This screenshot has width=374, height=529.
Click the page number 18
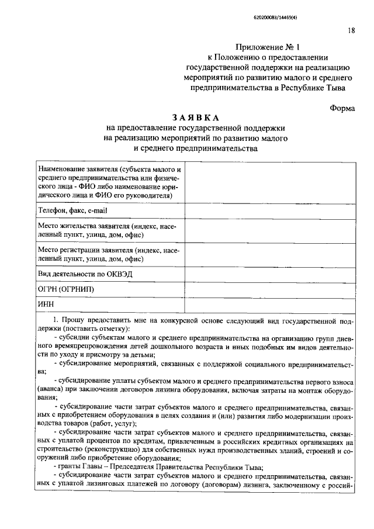(x=351, y=31)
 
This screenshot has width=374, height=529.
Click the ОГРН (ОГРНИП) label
(x=65, y=289)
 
